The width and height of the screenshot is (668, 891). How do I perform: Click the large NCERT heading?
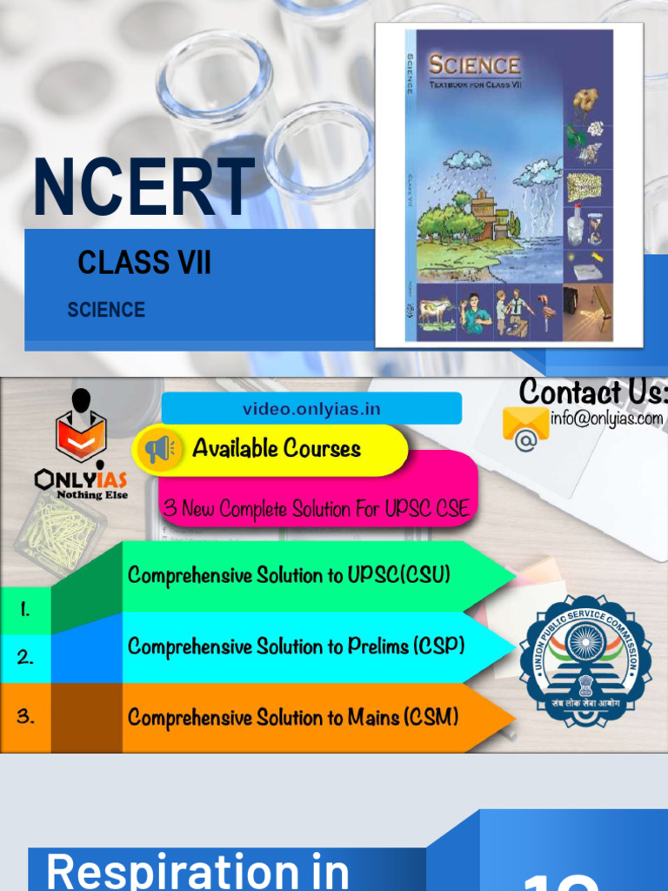click(x=144, y=188)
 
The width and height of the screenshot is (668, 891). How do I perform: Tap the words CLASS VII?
click(x=144, y=262)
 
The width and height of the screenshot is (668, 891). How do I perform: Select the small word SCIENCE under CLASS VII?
click(x=106, y=310)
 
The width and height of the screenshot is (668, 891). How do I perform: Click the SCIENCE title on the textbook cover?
click(x=474, y=65)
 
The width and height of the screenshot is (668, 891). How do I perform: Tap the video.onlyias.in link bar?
click(x=311, y=409)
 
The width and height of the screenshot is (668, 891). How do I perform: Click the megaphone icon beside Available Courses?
click(x=159, y=449)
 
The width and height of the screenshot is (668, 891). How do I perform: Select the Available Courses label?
click(x=277, y=449)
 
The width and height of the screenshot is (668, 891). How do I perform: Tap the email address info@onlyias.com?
click(x=606, y=419)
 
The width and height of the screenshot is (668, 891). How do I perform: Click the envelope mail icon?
click(x=525, y=425)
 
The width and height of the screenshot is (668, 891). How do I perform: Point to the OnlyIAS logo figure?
click(x=81, y=428)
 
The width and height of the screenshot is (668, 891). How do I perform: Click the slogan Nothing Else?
click(x=92, y=495)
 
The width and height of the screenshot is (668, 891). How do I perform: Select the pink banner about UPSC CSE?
click(x=317, y=509)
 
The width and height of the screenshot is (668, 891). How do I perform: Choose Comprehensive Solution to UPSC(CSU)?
click(x=289, y=575)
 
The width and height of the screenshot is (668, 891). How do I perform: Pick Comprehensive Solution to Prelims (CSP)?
click(x=296, y=646)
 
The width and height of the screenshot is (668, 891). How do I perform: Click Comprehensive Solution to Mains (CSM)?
click(x=293, y=718)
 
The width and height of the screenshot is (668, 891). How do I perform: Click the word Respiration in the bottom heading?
click(x=197, y=870)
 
